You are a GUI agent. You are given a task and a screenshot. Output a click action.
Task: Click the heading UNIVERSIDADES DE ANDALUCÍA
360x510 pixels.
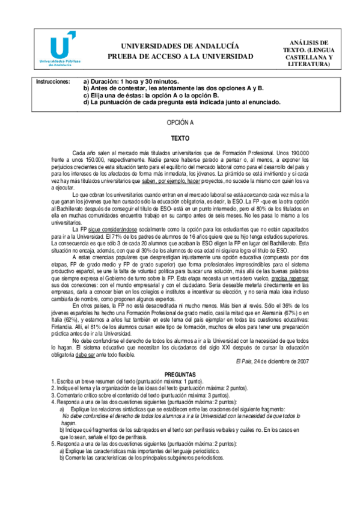(x=180, y=46)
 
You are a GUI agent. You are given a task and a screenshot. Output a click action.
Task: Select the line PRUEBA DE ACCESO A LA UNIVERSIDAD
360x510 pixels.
(x=180, y=56)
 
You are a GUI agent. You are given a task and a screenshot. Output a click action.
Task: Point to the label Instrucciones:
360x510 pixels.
(x=53, y=81)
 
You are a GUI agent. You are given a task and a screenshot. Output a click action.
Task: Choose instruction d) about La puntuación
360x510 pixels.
(x=182, y=102)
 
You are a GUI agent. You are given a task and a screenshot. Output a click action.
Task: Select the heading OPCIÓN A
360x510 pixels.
(x=180, y=122)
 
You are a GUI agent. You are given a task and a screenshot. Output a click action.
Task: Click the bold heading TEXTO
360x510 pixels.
(x=180, y=138)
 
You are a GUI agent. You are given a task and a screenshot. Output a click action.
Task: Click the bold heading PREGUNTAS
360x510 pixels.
(x=180, y=373)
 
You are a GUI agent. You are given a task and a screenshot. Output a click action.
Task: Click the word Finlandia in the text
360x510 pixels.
(x=66, y=325)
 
